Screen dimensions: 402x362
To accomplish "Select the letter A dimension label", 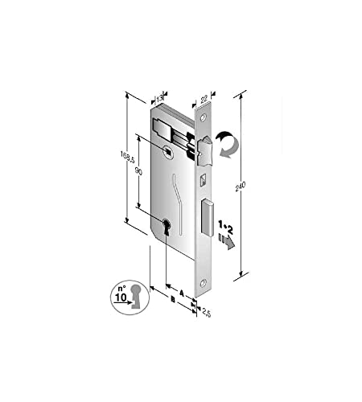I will [182, 293].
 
